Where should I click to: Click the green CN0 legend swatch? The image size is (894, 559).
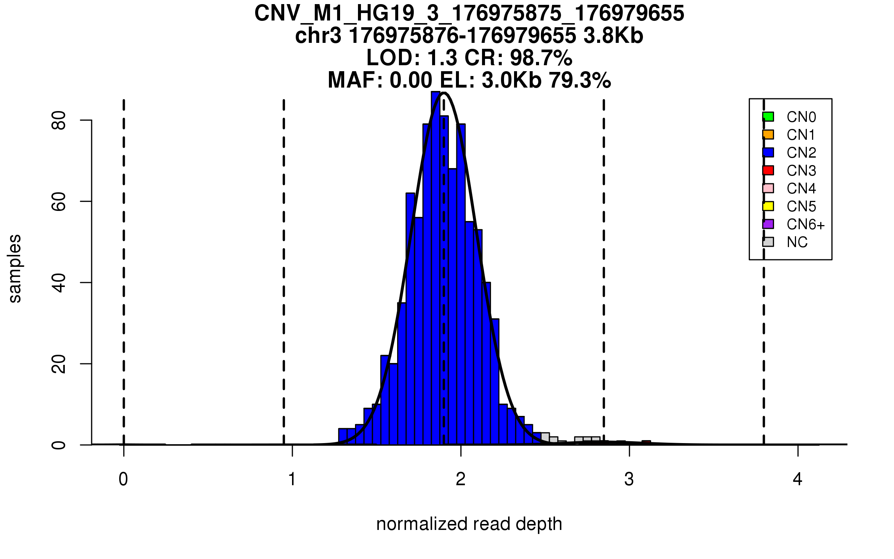point(768,117)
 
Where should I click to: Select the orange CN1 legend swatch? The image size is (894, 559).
point(768,135)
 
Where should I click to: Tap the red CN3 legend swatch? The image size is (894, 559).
point(768,170)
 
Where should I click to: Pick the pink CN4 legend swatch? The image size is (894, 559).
point(768,188)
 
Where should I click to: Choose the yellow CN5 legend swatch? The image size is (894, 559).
point(768,206)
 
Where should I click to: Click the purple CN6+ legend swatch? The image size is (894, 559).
point(768,224)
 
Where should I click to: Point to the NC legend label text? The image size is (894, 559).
point(797,242)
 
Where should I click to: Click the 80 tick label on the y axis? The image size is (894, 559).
point(59,120)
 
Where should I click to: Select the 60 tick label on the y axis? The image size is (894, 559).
point(59,201)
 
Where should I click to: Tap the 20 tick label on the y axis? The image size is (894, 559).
point(59,364)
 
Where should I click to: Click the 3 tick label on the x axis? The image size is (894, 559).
point(629,479)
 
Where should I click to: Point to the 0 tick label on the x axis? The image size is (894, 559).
point(123,479)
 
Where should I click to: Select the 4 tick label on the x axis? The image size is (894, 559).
point(798,479)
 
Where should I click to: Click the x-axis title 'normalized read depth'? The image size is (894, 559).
point(469,524)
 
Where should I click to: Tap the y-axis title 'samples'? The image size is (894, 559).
point(15,268)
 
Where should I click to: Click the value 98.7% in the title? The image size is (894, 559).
point(541,58)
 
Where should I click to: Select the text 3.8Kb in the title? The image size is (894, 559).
point(613,36)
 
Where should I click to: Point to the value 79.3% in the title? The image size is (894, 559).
point(580,80)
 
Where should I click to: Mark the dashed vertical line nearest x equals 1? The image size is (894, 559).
point(284,272)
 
